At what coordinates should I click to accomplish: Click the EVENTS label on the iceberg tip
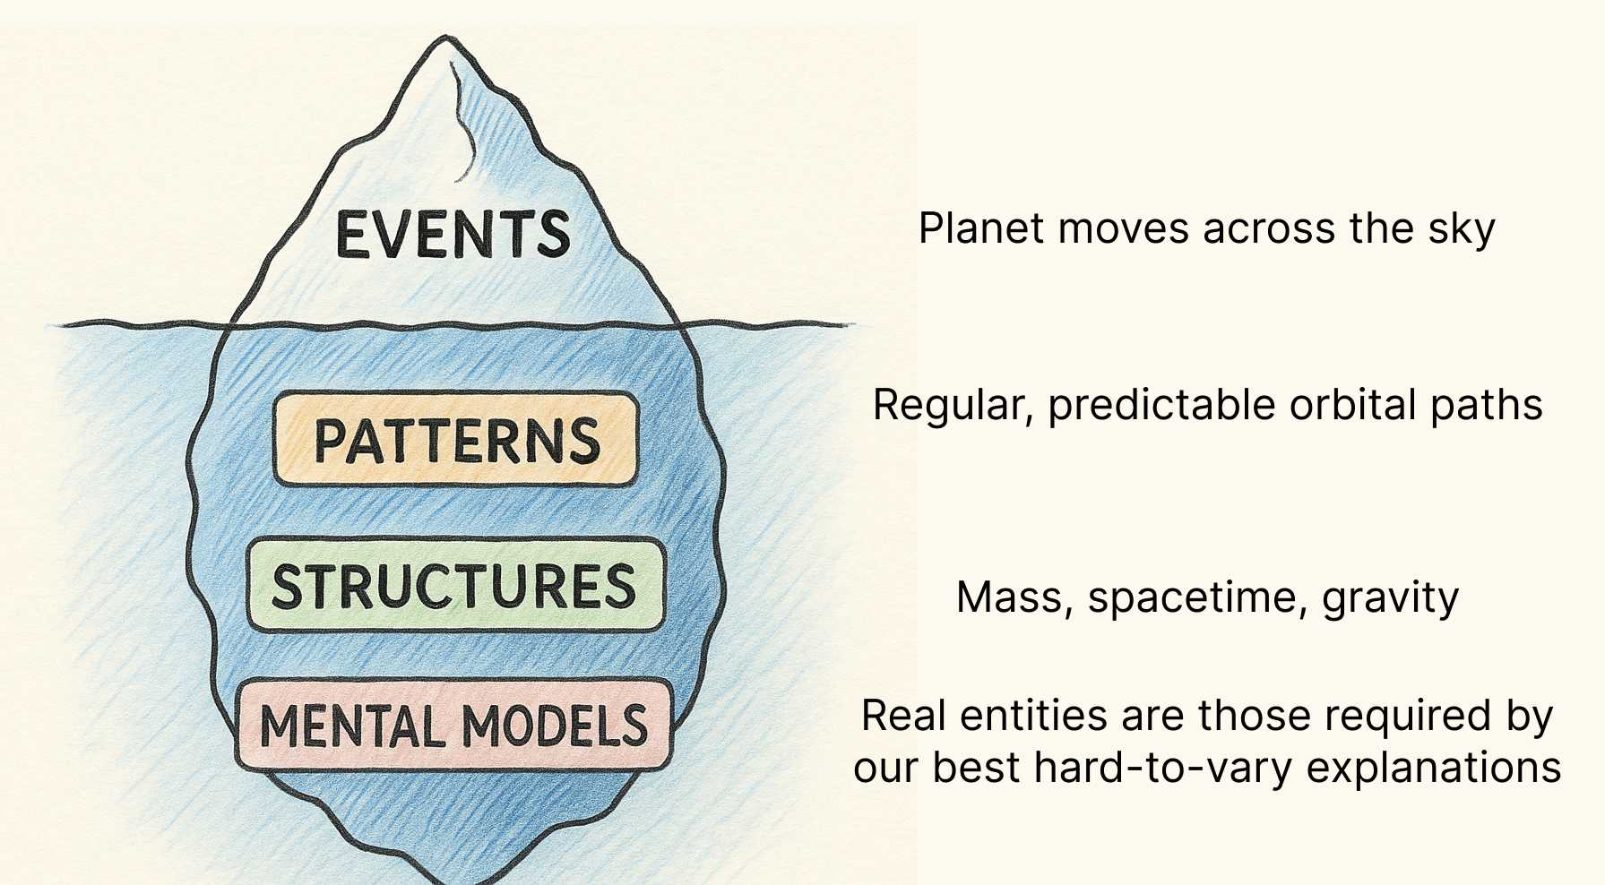point(453,235)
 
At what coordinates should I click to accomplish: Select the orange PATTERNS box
point(456,439)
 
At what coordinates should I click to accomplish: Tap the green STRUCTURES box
point(456,585)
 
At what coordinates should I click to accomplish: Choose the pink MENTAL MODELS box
point(454,725)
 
